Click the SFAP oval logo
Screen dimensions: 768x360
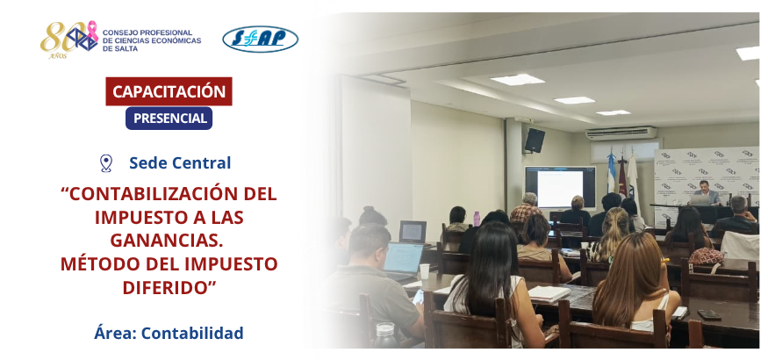[260, 40]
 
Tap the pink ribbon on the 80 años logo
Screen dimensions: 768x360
[92, 31]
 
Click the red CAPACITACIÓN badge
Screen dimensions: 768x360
[169, 91]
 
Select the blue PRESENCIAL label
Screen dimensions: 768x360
[169, 119]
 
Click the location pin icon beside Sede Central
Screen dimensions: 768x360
[106, 163]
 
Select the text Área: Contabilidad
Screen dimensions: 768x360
[169, 333]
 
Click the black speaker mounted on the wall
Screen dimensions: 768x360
[535, 140]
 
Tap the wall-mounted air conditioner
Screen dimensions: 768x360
[621, 133]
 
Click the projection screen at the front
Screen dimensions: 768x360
[560, 188]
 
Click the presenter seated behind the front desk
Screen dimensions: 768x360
[704, 192]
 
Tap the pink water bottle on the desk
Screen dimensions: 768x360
[477, 219]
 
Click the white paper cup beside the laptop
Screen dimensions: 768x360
[424, 271]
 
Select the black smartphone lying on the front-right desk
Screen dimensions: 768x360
[708, 315]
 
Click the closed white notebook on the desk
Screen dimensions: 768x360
[549, 293]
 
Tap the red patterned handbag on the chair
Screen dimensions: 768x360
[706, 256]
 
